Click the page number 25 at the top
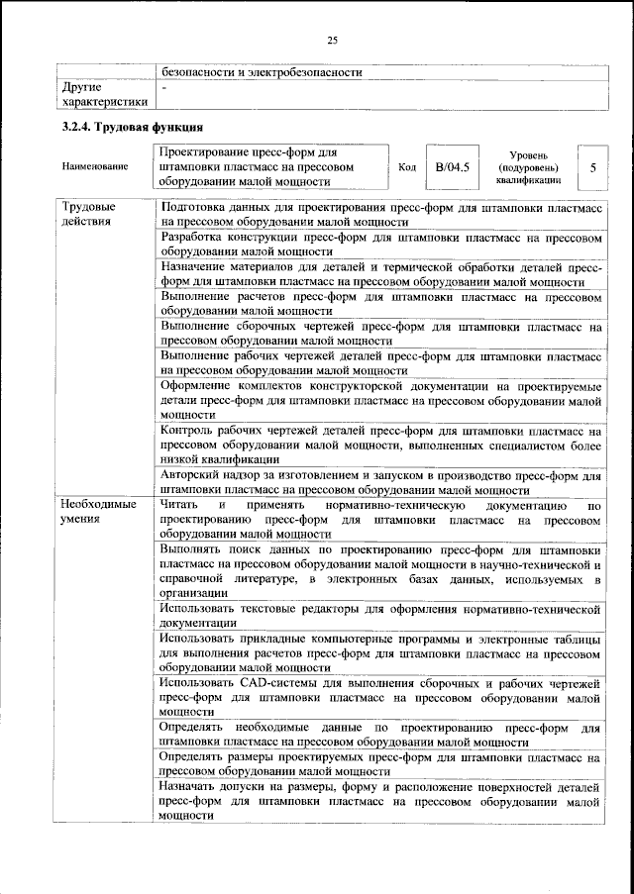pyautogui.click(x=332, y=40)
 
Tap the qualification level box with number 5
pyautogui.click(x=592, y=168)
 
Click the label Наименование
pyautogui.click(x=95, y=167)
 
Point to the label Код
pyautogui.click(x=406, y=167)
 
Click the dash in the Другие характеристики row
pyautogui.click(x=164, y=88)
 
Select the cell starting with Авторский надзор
pyautogui.click(x=380, y=482)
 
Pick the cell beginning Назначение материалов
pyautogui.click(x=380, y=274)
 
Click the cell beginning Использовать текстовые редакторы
pyautogui.click(x=380, y=615)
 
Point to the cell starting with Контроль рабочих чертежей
pyautogui.click(x=380, y=445)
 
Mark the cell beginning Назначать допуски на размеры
pyautogui.click(x=380, y=800)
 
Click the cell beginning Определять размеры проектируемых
pyautogui.click(x=380, y=763)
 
